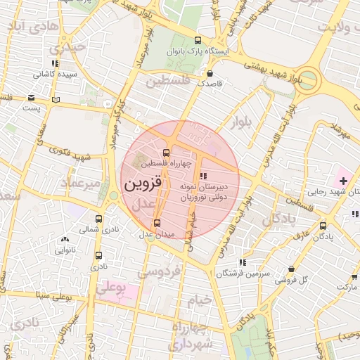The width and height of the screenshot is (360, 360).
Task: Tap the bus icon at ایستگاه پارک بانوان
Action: click(198, 40)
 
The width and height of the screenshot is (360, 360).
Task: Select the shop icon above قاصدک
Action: click(210, 72)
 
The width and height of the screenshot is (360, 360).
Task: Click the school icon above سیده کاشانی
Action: click(55, 63)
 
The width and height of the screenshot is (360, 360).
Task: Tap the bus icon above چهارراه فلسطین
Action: click(167, 153)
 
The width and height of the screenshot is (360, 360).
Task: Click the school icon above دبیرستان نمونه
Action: click(203, 176)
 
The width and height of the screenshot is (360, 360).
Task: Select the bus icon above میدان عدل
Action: click(157, 223)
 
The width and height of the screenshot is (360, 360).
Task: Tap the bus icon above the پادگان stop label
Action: click(323, 226)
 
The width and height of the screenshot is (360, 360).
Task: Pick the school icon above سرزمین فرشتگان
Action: click(243, 262)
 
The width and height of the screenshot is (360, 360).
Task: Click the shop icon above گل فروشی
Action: click(291, 269)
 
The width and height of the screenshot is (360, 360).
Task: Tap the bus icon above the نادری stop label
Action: click(98, 256)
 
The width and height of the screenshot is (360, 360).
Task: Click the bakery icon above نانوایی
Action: click(64, 239)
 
